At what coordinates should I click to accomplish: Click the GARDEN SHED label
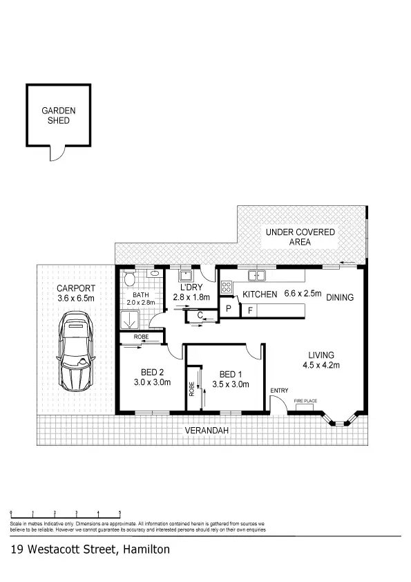coord(58,115)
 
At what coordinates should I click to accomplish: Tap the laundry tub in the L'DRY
coord(184,274)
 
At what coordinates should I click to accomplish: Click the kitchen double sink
coord(258,276)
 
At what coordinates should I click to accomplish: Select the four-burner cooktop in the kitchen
coord(227,287)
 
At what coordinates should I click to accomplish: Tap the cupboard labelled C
coord(199,316)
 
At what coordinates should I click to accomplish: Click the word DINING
coord(340,298)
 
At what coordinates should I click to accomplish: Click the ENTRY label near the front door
coord(279,391)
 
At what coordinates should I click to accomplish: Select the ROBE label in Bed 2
coord(140,337)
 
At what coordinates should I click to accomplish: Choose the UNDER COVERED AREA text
coord(300,237)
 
